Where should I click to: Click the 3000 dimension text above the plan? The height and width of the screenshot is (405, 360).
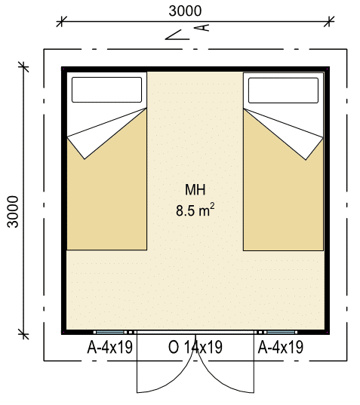(185, 11)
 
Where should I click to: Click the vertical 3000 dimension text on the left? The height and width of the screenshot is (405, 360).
(13, 212)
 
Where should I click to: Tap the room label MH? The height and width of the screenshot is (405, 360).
(195, 189)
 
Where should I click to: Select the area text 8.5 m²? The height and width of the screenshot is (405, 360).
(195, 210)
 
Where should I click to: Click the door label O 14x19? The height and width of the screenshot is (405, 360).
(195, 347)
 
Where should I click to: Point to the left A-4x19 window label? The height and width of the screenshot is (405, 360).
(110, 347)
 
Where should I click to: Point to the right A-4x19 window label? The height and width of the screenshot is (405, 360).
(281, 347)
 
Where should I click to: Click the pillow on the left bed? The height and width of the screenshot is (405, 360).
(106, 90)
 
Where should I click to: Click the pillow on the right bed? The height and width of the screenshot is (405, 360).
(283, 91)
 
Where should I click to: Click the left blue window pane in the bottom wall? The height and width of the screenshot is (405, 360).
(110, 332)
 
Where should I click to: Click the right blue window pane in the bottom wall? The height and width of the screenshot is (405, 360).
(281, 332)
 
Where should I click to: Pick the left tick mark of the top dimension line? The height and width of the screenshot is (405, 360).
(61, 21)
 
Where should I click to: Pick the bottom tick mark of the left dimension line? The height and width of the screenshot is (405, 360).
(24, 334)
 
